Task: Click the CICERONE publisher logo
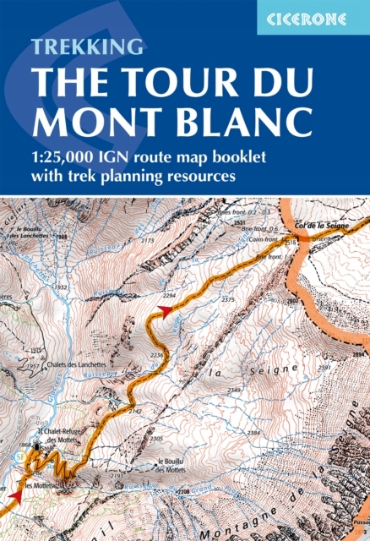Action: point(313,17)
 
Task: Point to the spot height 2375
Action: point(227,300)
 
